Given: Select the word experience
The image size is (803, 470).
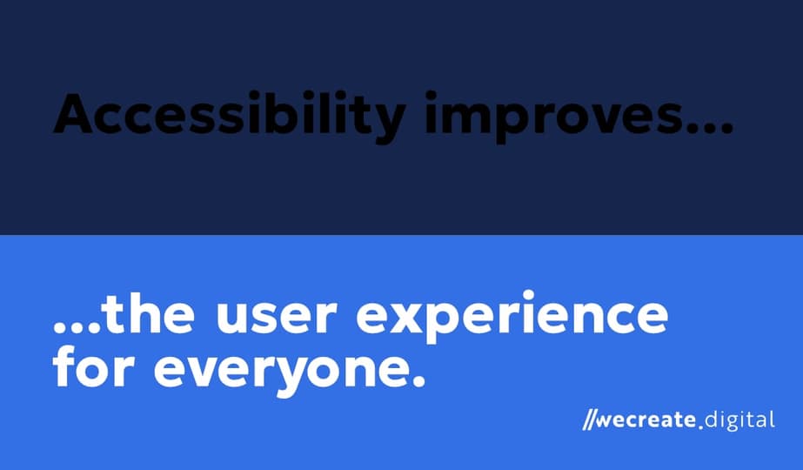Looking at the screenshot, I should coord(512,319).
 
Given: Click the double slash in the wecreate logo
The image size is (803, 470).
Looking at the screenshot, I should coord(591,421).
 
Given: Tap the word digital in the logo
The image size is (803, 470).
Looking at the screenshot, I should coord(738,420).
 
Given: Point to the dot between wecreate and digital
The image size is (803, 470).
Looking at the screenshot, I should coord(699,427).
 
